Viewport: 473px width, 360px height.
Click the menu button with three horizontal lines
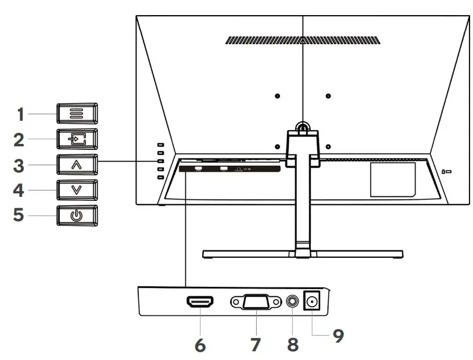tap(77, 113)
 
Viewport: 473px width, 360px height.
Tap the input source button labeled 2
tap(77, 139)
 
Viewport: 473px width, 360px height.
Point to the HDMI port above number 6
tap(199, 303)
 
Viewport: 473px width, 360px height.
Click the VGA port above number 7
tap(255, 303)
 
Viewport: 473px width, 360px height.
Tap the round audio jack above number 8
tap(293, 303)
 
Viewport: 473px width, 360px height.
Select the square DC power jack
tap(314, 303)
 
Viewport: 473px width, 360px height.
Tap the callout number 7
tap(255, 344)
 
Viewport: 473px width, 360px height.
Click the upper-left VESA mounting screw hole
tap(277, 96)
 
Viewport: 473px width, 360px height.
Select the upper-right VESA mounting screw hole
tap(328, 96)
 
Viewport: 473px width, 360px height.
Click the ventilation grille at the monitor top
tap(303, 41)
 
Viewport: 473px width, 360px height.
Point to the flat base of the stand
tap(302, 254)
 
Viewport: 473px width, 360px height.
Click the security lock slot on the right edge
tap(446, 172)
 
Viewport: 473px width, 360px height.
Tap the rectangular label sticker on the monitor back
tap(393, 179)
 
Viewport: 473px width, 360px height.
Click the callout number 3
tap(20, 165)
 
